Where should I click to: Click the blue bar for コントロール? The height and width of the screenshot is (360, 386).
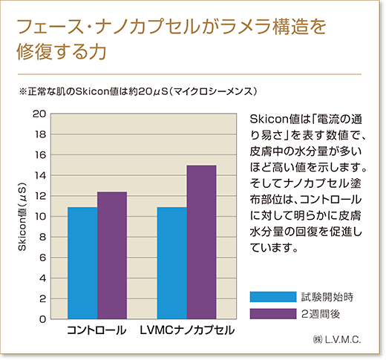click(82, 263)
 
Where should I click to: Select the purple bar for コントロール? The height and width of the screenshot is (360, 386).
click(112, 255)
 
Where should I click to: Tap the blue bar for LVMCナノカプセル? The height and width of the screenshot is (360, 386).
click(171, 263)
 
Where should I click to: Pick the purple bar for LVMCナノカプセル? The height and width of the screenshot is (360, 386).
click(201, 242)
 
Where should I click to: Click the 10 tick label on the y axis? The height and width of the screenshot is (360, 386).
click(40, 217)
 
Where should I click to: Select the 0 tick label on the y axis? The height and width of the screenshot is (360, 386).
click(43, 319)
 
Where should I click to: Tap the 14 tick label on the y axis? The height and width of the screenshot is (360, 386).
click(40, 175)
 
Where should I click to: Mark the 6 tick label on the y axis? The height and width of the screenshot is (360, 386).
click(43, 258)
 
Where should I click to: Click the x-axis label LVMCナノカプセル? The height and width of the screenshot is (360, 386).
click(187, 329)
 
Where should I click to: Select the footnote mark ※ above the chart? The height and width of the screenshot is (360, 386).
click(22, 91)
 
